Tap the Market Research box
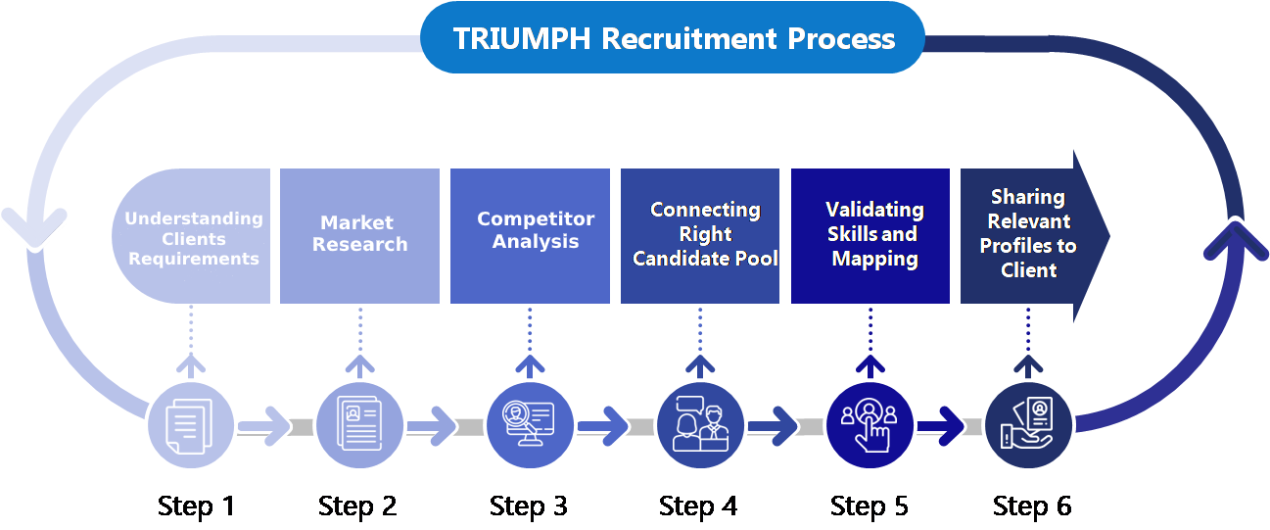(x=359, y=235)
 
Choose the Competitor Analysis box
(x=530, y=235)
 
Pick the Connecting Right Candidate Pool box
(x=700, y=235)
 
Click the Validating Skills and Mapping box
(x=870, y=235)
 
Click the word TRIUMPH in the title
(x=522, y=38)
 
